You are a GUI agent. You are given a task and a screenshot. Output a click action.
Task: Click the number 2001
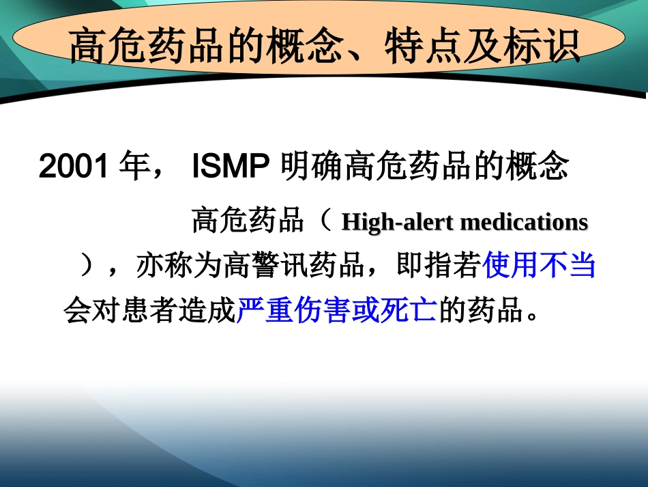[74, 167]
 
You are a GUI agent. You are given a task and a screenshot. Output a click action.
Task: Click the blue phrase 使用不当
[539, 266]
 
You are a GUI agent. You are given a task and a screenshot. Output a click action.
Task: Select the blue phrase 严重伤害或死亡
[337, 311]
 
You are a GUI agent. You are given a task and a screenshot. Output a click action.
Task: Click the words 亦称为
[179, 266]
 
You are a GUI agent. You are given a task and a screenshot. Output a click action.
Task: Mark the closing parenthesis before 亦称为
[85, 266]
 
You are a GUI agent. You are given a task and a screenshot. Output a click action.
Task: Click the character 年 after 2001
[133, 167]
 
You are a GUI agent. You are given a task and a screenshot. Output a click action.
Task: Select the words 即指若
[439, 266]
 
